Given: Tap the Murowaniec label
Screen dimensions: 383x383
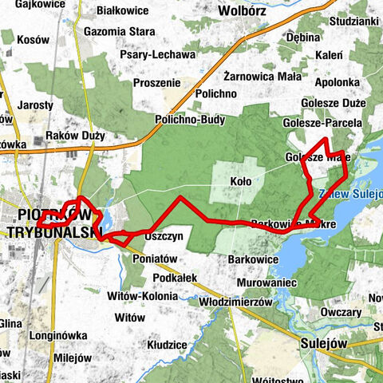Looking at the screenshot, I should (267, 282).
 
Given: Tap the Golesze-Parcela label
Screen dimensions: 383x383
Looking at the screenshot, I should (322, 123).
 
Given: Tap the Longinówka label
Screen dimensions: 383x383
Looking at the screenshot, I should (52, 336).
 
